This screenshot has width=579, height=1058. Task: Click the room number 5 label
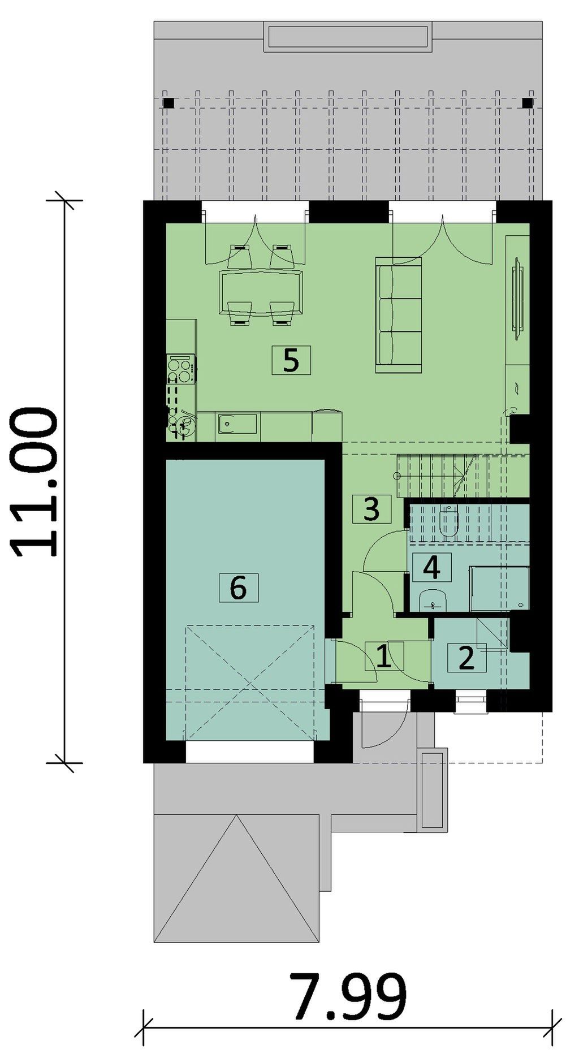coord(291,360)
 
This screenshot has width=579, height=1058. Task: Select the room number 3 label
coord(371,508)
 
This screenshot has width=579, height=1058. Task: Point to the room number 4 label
coord(432,567)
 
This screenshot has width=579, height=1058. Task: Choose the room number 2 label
coord(466,658)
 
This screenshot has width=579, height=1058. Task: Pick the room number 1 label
coord(384,656)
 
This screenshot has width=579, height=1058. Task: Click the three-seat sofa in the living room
coord(399,315)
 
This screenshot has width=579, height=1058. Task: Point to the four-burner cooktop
coord(182,369)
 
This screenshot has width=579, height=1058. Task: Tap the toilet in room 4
coord(448,521)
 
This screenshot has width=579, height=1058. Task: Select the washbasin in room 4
coord(433,601)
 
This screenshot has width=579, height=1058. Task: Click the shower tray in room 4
coord(499,589)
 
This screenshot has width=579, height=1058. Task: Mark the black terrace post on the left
coord(168,103)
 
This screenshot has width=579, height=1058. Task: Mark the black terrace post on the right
coord(527,103)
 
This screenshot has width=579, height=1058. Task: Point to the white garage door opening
coord(250,752)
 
